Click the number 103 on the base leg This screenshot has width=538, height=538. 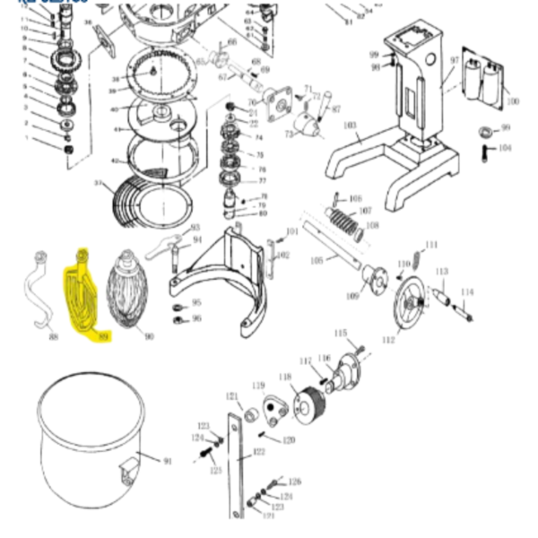pos(350,126)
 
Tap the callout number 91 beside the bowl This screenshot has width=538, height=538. pos(167,461)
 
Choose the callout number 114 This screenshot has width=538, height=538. pos(466,292)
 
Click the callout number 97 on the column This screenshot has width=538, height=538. pos(454,60)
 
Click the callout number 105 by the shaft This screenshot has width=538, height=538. pos(316,260)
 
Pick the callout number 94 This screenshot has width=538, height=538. pos(197,239)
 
